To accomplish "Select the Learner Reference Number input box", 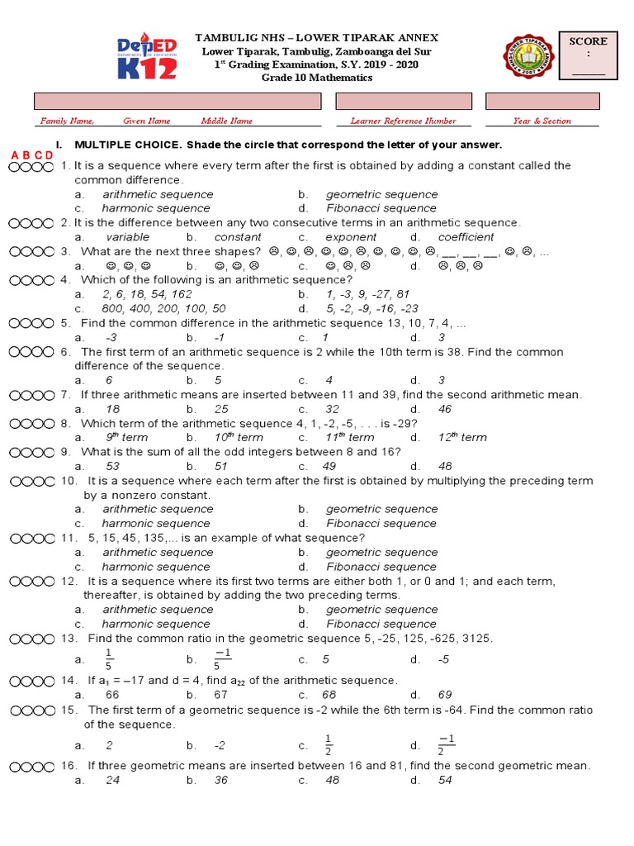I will click(403, 101).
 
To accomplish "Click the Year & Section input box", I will click(541, 101).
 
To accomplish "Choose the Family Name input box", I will click(177, 101).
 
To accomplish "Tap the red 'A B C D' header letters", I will click(32, 155).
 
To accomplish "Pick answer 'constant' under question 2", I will click(237, 237).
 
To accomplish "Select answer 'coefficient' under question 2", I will click(466, 237).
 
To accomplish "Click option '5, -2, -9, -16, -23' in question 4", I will click(378, 308).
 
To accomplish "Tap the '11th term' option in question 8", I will click(349, 437).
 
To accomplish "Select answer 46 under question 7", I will click(445, 409).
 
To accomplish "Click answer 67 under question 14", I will click(220, 695).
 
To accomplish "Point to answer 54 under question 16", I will click(445, 780).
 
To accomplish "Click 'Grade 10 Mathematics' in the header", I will click(317, 78).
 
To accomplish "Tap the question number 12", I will click(69, 581).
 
